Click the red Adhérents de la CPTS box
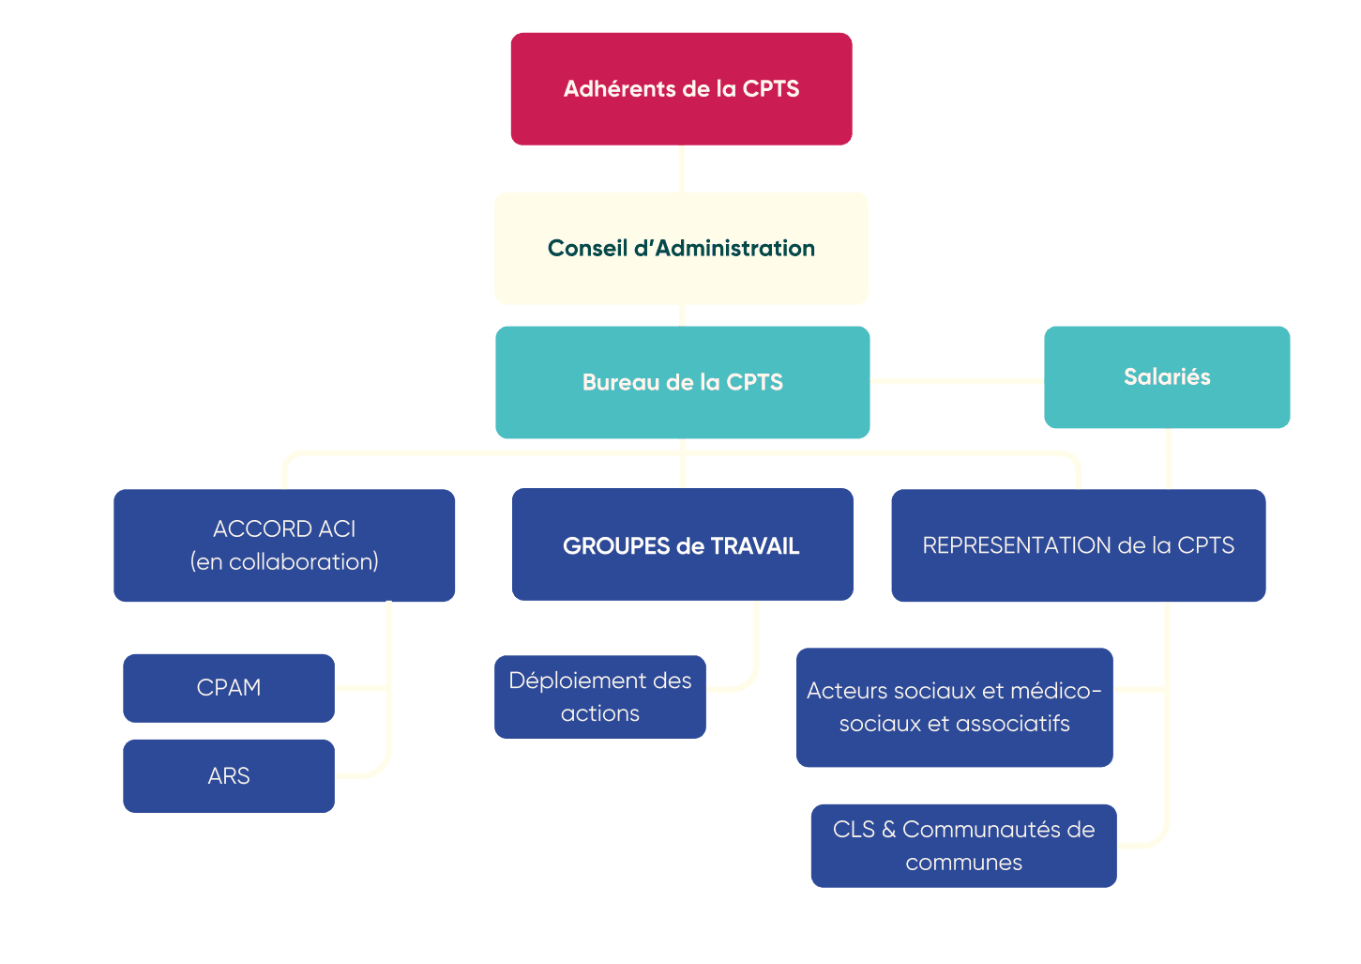pyautogui.click(x=681, y=89)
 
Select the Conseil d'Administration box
pyautogui.click(x=681, y=249)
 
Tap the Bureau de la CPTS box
pyautogui.click(x=682, y=382)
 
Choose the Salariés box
pyautogui.click(x=1167, y=377)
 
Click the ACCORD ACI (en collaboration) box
pyautogui.click(x=284, y=545)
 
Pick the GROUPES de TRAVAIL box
pyautogui.click(x=682, y=545)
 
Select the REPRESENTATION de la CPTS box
pyautogui.click(x=1078, y=545)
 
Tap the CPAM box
pyautogui.click(x=229, y=688)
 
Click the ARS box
pyautogui.click(x=229, y=776)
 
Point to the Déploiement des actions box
pyautogui.click(x=600, y=696)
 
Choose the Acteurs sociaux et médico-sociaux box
pyautogui.click(x=954, y=707)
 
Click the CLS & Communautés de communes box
pyautogui.click(x=963, y=846)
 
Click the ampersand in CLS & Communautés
pyautogui.click(x=888, y=830)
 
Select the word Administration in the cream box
pyautogui.click(x=735, y=249)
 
